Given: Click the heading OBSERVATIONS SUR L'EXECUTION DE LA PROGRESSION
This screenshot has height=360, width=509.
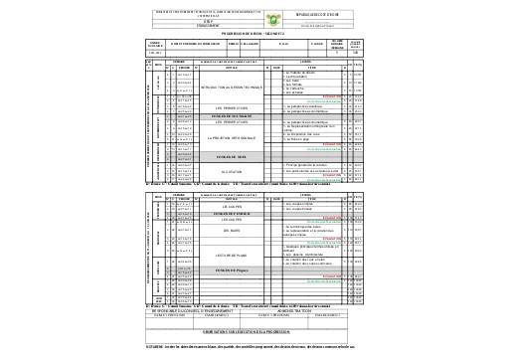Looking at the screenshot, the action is (x=254, y=328).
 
